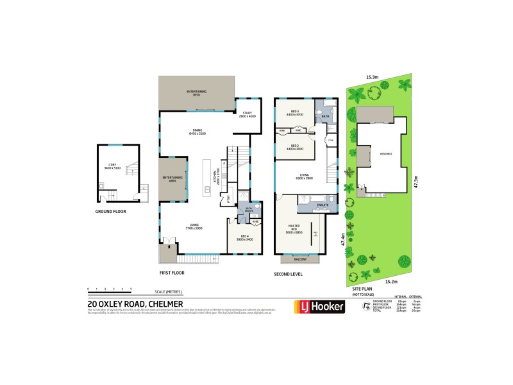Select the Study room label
tap(248, 114)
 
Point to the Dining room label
tap(197, 132)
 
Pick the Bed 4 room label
tap(245, 237)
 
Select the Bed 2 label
tap(296, 147)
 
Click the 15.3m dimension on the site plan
tap(372, 77)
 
